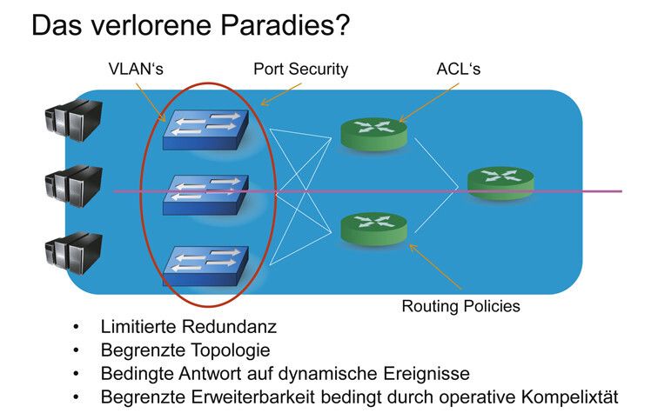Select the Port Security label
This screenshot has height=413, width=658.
(x=300, y=68)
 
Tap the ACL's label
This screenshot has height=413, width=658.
(x=458, y=68)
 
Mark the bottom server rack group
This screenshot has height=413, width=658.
(x=75, y=252)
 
